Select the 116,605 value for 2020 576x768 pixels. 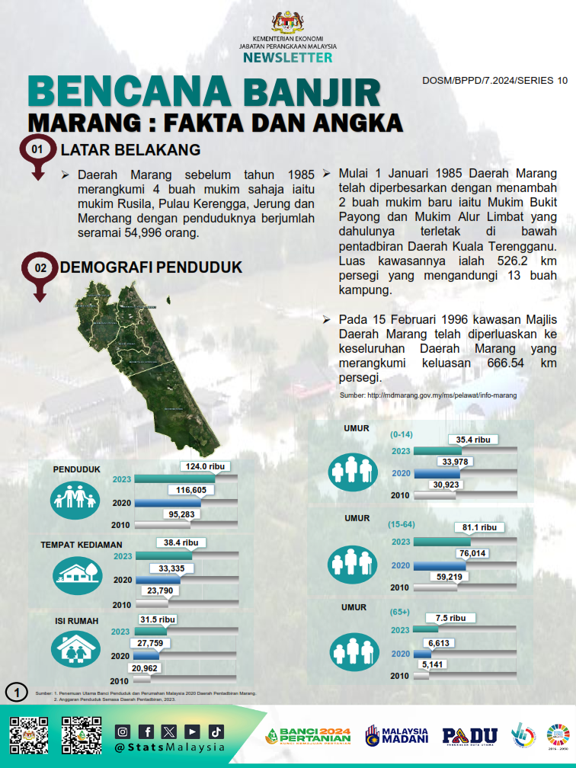[191, 490]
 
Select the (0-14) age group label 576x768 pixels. [400, 434]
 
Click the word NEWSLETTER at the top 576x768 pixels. [288, 57]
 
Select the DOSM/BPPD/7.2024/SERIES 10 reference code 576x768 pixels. [494, 81]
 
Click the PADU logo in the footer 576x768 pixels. [469, 734]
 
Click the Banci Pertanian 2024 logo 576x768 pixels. [309, 735]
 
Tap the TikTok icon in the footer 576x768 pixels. [216, 731]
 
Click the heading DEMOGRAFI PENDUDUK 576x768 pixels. [151, 267]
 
